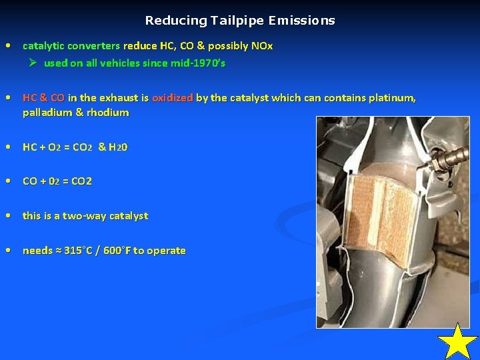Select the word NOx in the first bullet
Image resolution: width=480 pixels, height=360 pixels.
coord(262,46)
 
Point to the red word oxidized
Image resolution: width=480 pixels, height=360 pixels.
coord(172,98)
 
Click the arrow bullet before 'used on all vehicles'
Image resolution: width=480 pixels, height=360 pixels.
coord(33,63)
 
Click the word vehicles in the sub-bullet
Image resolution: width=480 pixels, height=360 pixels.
coord(128,63)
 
